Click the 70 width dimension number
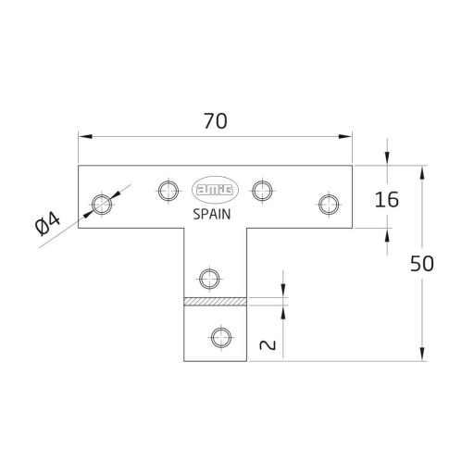tap(216, 121)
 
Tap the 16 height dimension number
tap(387, 200)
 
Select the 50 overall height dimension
tap(422, 264)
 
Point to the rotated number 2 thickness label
tap(268, 345)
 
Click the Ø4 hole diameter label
tap(47, 225)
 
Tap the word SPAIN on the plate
tap(212, 215)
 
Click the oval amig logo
tap(215, 190)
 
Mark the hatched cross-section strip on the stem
tap(216, 302)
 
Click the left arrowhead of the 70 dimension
tap(85, 136)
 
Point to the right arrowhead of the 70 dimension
tap(345, 136)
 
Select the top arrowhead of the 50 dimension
tap(422, 172)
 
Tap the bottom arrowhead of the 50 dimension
tap(422, 355)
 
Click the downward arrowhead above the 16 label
tap(387, 157)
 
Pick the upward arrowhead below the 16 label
tap(387, 236)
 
